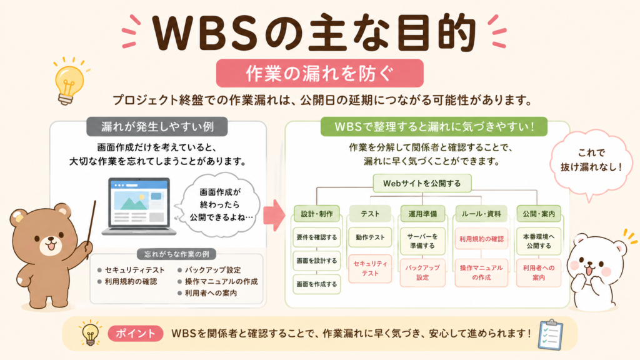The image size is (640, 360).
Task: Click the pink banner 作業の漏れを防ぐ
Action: [319, 73]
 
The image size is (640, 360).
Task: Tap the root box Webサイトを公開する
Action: [422, 183]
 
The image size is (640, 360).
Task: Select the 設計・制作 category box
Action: [317, 214]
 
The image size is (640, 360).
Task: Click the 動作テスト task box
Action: [370, 237]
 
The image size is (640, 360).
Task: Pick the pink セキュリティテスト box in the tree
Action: [370, 269]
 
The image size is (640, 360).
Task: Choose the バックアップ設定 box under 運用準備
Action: [422, 272]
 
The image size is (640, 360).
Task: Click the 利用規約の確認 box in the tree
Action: [482, 239]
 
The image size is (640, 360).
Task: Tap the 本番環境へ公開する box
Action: [539, 241]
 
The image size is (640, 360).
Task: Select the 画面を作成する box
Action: [317, 284]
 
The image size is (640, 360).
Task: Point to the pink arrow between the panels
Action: [274, 216]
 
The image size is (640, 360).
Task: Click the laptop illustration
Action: [139, 206]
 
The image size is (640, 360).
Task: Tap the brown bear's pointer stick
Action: [91, 229]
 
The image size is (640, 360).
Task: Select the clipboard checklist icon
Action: [551, 335]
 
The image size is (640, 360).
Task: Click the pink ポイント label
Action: [136, 334]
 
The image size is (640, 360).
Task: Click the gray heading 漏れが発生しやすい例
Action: [157, 126]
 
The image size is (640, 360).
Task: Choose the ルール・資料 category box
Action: [482, 214]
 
